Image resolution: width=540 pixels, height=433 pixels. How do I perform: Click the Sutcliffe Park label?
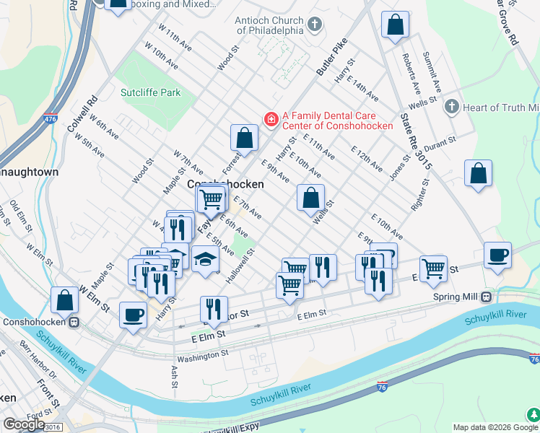[x=150, y=93]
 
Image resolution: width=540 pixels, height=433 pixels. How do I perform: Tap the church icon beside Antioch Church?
[x=314, y=25]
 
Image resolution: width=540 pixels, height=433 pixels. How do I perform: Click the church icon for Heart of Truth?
[x=452, y=108]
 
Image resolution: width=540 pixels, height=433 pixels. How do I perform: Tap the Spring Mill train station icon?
[x=487, y=297]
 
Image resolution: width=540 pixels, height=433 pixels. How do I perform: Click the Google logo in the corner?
[x=23, y=424]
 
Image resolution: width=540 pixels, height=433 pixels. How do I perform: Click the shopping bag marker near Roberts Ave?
[x=395, y=25]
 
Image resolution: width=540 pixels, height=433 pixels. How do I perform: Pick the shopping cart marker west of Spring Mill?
[x=432, y=268]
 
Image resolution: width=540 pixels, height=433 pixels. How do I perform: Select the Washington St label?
[x=203, y=355]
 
